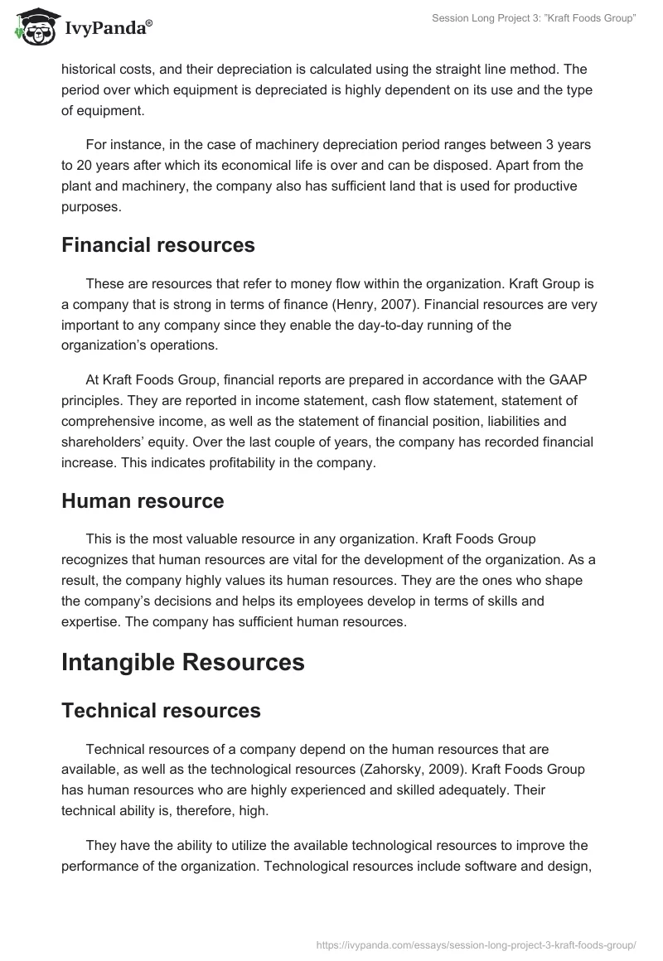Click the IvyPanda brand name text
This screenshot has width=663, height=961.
coord(108,29)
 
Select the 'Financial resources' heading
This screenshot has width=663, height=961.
coord(157,244)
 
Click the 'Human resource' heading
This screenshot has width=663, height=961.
coord(143,501)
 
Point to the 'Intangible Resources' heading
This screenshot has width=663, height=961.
coord(183,662)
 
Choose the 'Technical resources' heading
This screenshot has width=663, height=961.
coord(161,710)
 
